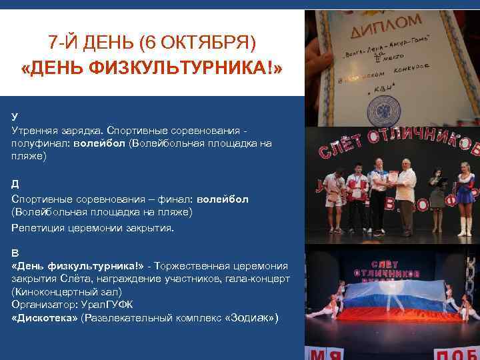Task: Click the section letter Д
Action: click(x=15, y=183)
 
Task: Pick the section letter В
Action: click(x=15, y=253)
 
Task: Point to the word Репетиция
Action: click(x=39, y=227)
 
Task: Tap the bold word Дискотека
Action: click(x=45, y=318)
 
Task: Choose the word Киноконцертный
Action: click(x=53, y=292)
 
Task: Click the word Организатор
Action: click(x=42, y=305)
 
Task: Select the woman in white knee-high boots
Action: click(x=465, y=196)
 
